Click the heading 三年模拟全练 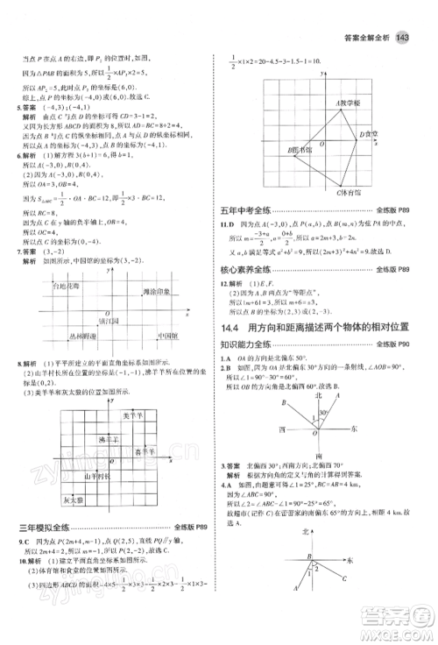coord(45,526)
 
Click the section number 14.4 coord(230,327)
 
